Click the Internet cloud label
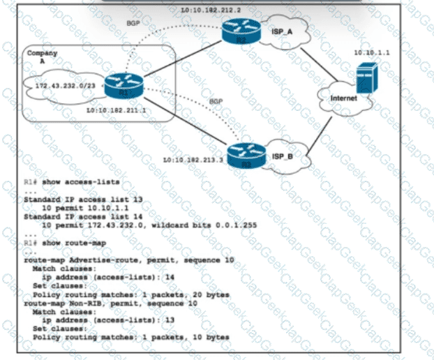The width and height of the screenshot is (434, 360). coord(343,98)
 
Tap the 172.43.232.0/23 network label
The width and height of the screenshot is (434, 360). coord(59,87)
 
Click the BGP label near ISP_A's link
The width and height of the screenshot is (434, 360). coord(135,24)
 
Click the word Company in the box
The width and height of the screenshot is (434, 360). coord(40,53)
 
